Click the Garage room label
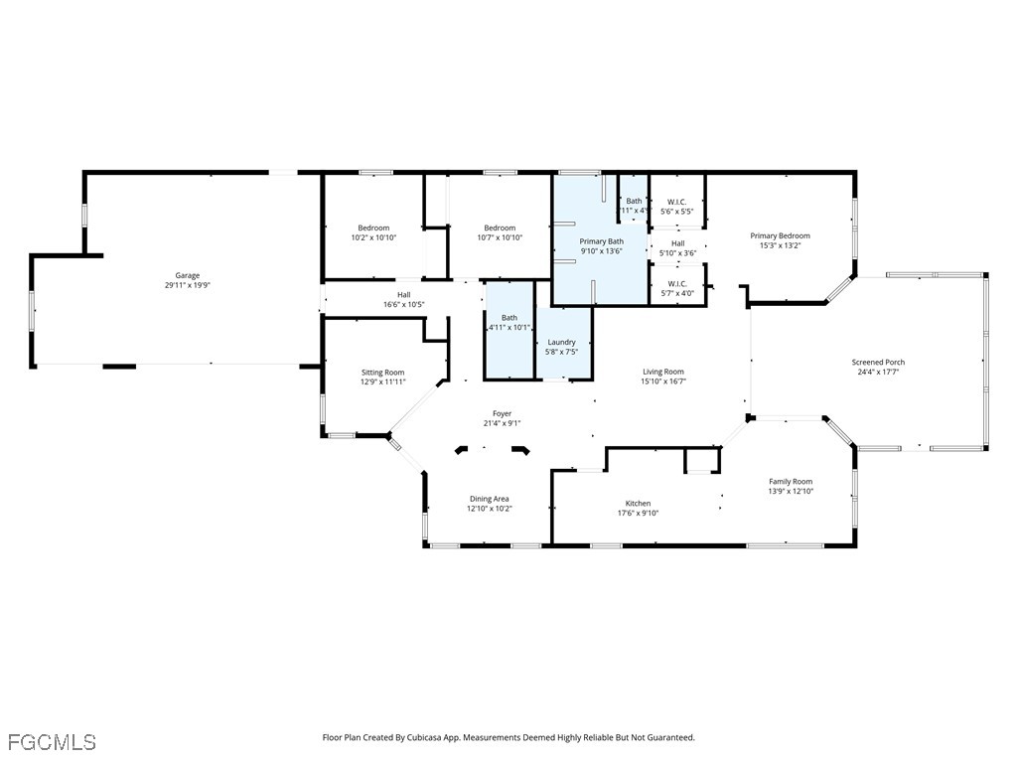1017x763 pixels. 188,275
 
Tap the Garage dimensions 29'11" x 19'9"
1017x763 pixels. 188,285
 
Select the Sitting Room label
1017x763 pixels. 383,373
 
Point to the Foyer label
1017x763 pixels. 503,413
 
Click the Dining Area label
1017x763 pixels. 489,499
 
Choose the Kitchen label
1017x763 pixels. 638,504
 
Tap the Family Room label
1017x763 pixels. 791,482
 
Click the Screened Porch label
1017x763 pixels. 878,363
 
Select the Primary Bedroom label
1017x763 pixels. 780,235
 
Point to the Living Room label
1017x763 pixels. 662,372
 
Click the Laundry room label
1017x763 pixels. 562,343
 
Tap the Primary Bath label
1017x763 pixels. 602,241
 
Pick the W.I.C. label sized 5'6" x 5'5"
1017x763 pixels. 677,202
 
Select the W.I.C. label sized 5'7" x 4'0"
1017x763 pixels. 677,283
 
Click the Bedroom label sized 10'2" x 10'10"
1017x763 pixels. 373,228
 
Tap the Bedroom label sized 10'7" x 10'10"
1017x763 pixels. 500,228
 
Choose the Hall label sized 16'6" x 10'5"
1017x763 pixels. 404,294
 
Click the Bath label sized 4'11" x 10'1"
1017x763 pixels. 509,318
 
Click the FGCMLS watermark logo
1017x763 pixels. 52,742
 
